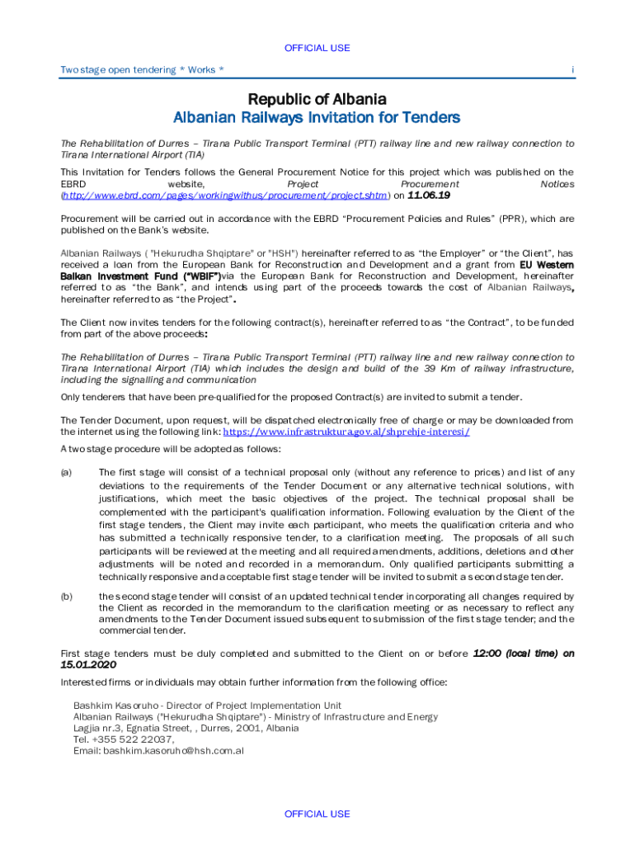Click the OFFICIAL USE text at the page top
coord(317,48)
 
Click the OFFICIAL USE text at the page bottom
coord(317,814)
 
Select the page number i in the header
coord(572,70)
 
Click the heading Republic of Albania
coord(317,100)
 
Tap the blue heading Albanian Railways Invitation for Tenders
coord(317,118)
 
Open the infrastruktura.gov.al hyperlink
coord(346,432)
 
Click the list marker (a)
coord(67,473)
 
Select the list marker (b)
coord(67,596)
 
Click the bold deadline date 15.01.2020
coord(89,664)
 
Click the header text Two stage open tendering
coord(117,70)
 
